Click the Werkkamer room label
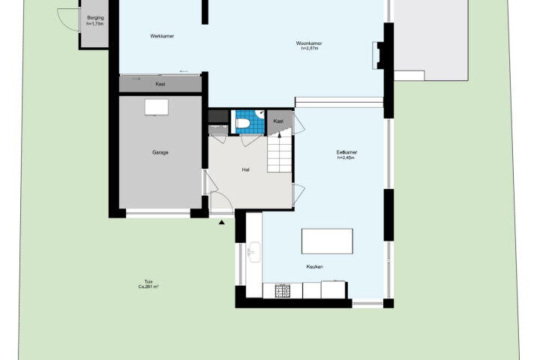click(x=162, y=36)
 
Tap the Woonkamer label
click(x=309, y=43)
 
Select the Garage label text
click(x=160, y=152)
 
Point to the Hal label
click(x=245, y=169)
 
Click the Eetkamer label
click(x=346, y=152)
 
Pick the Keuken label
click(x=315, y=267)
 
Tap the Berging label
click(x=95, y=18)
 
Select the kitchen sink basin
click(x=253, y=252)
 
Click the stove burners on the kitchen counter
click(x=283, y=291)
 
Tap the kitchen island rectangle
click(x=327, y=241)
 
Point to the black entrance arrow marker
click(x=222, y=223)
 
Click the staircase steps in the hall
click(x=280, y=154)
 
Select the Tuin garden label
click(x=148, y=281)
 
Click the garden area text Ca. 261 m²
click(x=148, y=286)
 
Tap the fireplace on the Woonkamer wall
click(x=376, y=55)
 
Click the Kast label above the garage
click(x=160, y=84)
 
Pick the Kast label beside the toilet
click(x=278, y=121)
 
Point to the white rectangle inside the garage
click(x=157, y=107)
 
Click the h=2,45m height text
click(x=346, y=157)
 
